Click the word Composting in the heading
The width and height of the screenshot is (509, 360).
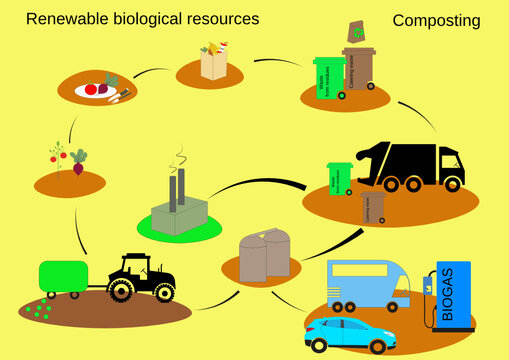tap(436, 20)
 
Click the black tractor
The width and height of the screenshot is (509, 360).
tap(139, 276)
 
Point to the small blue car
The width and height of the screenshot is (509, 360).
tap(350, 334)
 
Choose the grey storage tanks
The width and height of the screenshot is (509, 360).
tap(265, 254)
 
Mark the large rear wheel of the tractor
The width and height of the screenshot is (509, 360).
tap(122, 289)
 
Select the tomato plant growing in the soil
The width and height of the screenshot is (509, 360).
tap(59, 159)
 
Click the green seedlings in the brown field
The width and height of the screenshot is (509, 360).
tap(40, 310)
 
